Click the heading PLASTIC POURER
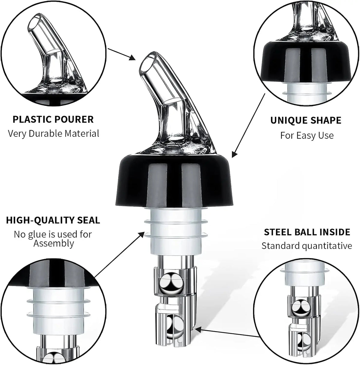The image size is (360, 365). (x=53, y=119)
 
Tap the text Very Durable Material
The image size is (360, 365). (x=53, y=133)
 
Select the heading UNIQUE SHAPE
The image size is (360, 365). (x=306, y=120)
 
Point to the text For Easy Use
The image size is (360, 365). (x=307, y=135)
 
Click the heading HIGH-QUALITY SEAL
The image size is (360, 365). (x=53, y=220)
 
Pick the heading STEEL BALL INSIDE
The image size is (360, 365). (x=307, y=232)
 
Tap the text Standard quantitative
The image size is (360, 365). (x=307, y=246)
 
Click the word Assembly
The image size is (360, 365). (x=53, y=243)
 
